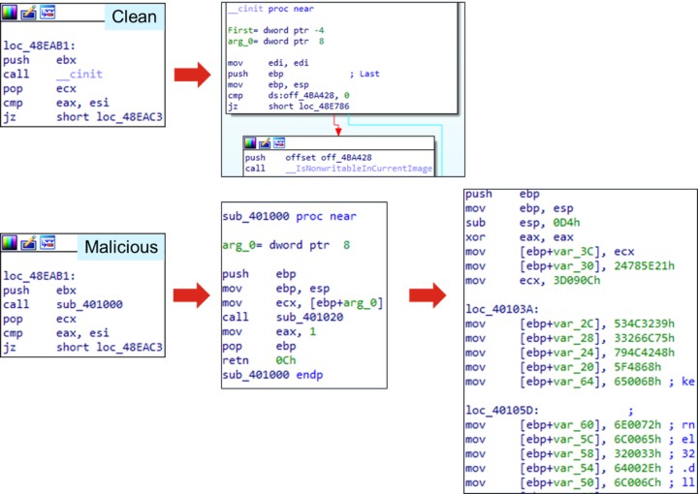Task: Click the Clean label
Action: (x=133, y=16)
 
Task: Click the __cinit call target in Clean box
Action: (x=79, y=74)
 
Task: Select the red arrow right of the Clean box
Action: (x=192, y=74)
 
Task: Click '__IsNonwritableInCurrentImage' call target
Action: (x=360, y=169)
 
